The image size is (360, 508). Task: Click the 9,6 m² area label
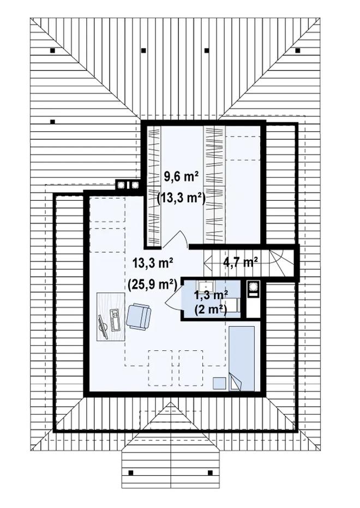(x=181, y=177)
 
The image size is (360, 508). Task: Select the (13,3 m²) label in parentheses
(x=181, y=198)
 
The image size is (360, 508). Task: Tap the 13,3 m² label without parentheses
(x=153, y=263)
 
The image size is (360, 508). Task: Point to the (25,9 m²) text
(x=153, y=284)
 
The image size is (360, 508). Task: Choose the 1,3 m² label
(x=211, y=296)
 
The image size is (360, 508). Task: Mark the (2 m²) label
(x=211, y=309)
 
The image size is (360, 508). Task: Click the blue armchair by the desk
(x=139, y=316)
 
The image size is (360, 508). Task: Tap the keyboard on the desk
(x=115, y=320)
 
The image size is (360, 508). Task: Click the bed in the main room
(x=242, y=358)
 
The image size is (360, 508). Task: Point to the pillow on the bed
(x=236, y=381)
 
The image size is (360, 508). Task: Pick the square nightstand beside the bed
(x=219, y=384)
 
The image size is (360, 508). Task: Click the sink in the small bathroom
(x=205, y=286)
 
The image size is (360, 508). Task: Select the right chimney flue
(x=134, y=185)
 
